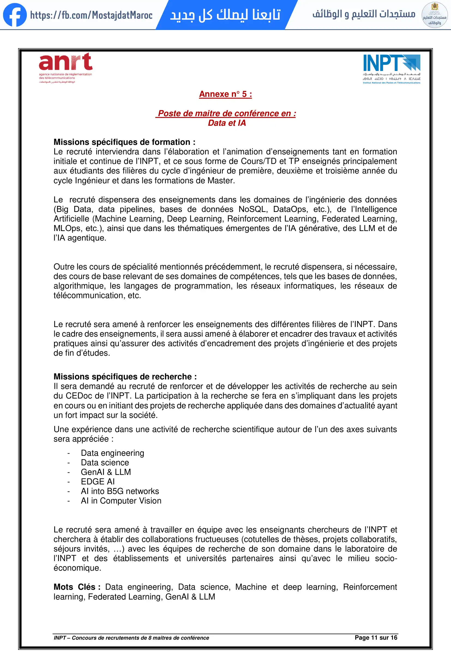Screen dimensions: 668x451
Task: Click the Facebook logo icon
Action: point(15,15)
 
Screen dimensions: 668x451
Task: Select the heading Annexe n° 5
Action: point(225,94)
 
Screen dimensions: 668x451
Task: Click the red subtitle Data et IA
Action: point(227,123)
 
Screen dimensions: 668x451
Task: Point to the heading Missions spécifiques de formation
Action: point(124,142)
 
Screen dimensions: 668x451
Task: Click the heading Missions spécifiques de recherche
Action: point(125,376)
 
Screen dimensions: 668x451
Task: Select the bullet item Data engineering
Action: point(112,453)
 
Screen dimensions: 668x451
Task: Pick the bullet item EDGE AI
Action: point(98,481)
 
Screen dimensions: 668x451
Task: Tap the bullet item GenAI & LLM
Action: point(106,472)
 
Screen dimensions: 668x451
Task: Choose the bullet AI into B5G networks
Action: point(120,491)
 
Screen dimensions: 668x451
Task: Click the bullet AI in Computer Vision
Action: point(121,501)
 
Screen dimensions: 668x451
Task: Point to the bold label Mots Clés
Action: point(77,587)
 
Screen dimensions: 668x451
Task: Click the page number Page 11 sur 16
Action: point(376,637)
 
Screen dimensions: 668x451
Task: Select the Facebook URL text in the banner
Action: point(91,15)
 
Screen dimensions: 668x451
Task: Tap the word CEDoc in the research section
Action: point(79,396)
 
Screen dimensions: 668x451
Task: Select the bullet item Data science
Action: point(105,463)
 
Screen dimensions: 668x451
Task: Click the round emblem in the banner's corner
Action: point(434,15)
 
